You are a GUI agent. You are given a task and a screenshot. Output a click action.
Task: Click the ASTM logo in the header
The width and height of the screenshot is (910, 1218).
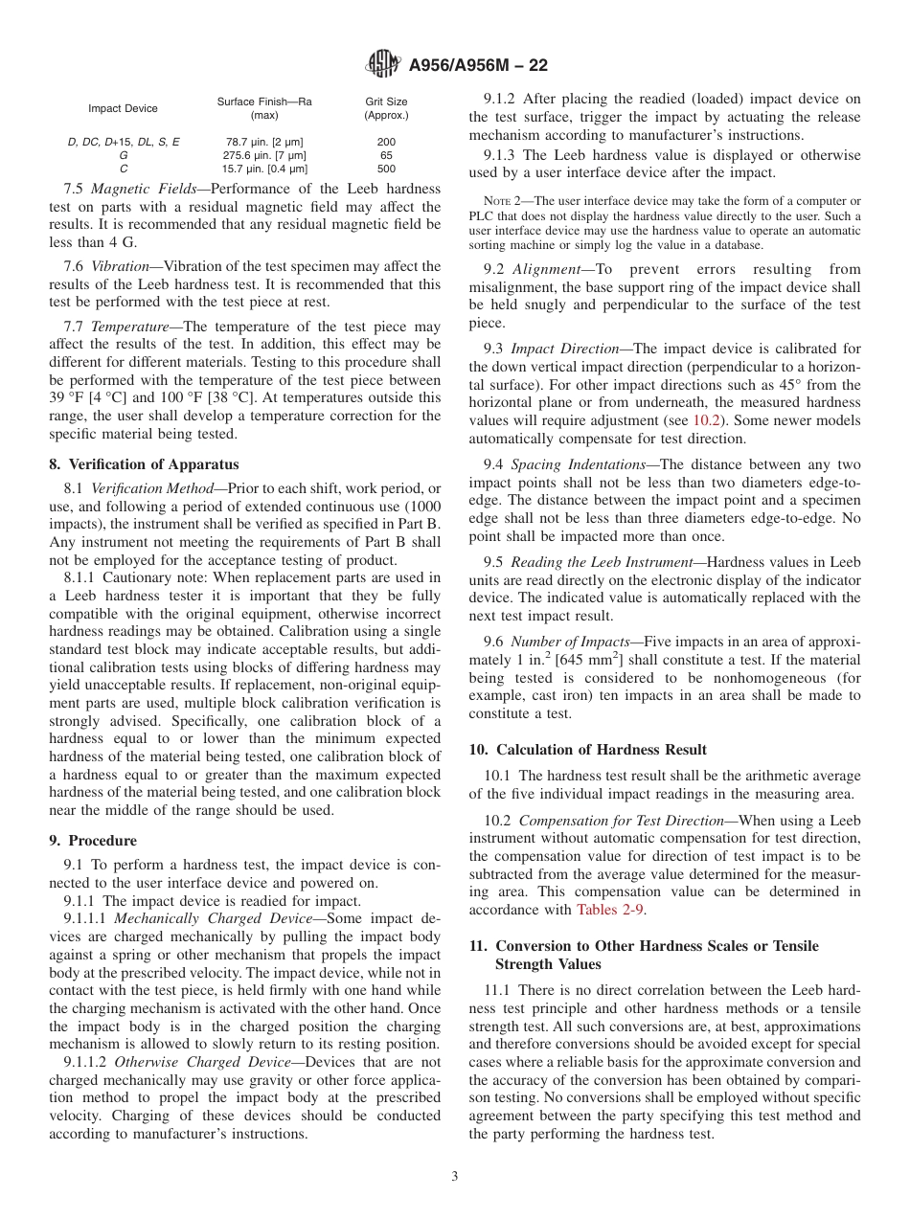click(384, 65)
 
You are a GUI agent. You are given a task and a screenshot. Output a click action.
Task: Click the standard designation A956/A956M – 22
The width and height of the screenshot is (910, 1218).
click(477, 66)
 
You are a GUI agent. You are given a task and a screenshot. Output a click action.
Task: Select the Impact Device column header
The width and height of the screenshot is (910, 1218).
click(123, 109)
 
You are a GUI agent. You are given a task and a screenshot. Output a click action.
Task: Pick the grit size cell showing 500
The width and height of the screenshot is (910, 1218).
click(386, 169)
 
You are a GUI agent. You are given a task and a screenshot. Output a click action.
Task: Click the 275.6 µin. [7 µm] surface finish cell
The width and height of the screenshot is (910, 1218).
click(264, 155)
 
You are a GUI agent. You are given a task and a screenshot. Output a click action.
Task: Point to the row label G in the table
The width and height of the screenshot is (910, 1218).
click(123, 155)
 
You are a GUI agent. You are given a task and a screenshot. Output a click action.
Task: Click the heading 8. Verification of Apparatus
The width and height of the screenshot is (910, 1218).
click(144, 464)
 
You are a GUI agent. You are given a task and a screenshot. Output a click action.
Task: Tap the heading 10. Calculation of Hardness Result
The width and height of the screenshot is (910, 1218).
click(588, 750)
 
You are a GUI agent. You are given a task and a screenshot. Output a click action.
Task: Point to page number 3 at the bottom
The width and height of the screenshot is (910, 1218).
click(455, 1177)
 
